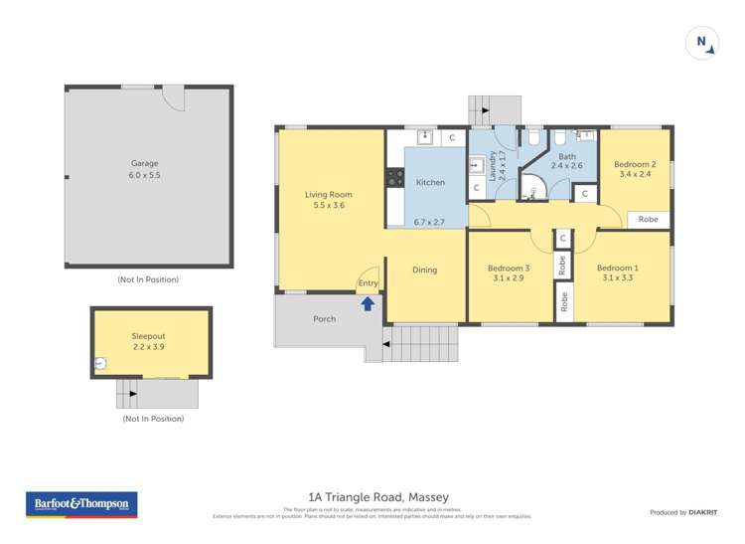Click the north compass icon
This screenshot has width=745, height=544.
pos(701,42)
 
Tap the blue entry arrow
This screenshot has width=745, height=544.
pos(368,302)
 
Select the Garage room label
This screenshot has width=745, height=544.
pos(145,163)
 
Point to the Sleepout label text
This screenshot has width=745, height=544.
pos(149,337)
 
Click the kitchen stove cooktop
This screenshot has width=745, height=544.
pos(394,178)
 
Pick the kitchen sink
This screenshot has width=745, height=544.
pos(425,137)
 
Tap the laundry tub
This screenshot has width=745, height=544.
pos(476,165)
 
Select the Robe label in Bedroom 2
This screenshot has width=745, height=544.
pos(648,219)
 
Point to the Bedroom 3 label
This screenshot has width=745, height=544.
pos(508,268)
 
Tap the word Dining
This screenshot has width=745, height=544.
pos(424,270)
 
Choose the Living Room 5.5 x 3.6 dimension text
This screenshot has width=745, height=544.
pos(328,206)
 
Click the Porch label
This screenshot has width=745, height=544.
pos(324,319)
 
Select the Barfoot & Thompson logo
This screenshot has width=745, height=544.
pos(81,504)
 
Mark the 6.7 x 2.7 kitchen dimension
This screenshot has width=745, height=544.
pos(429,222)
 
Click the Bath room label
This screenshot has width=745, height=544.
pos(567,156)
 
